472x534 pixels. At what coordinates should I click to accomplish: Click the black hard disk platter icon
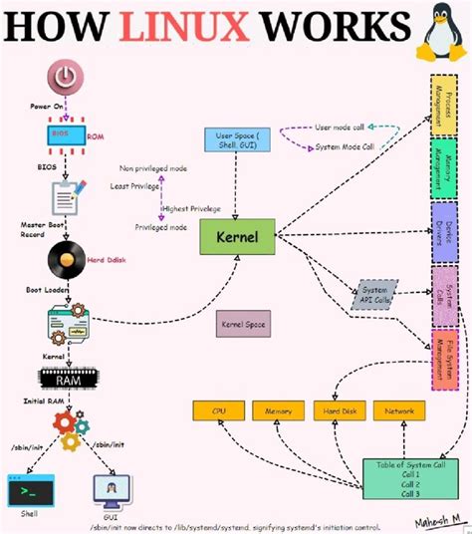pos(68,262)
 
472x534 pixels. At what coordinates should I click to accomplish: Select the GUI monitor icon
pos(110,490)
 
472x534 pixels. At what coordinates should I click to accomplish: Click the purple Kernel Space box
pos(243,325)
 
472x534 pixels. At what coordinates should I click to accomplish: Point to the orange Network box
pos(399,409)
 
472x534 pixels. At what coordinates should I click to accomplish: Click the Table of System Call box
pos(411,479)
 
